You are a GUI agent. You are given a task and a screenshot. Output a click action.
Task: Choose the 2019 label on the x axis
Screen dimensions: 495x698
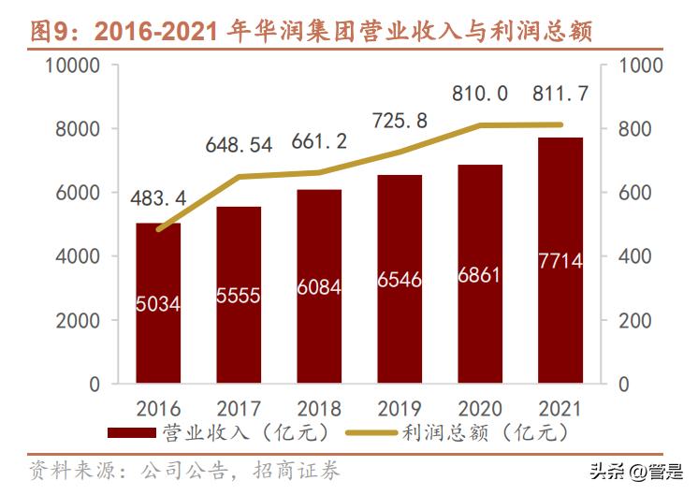click(400, 409)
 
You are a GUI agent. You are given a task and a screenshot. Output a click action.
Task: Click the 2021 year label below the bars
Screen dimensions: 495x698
click(560, 409)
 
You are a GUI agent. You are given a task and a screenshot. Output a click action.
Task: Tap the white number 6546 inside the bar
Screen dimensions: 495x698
click(400, 279)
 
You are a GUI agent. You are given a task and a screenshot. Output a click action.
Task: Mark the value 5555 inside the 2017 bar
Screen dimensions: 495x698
click(238, 295)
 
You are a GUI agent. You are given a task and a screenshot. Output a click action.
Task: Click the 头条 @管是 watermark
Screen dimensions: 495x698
click(636, 471)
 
